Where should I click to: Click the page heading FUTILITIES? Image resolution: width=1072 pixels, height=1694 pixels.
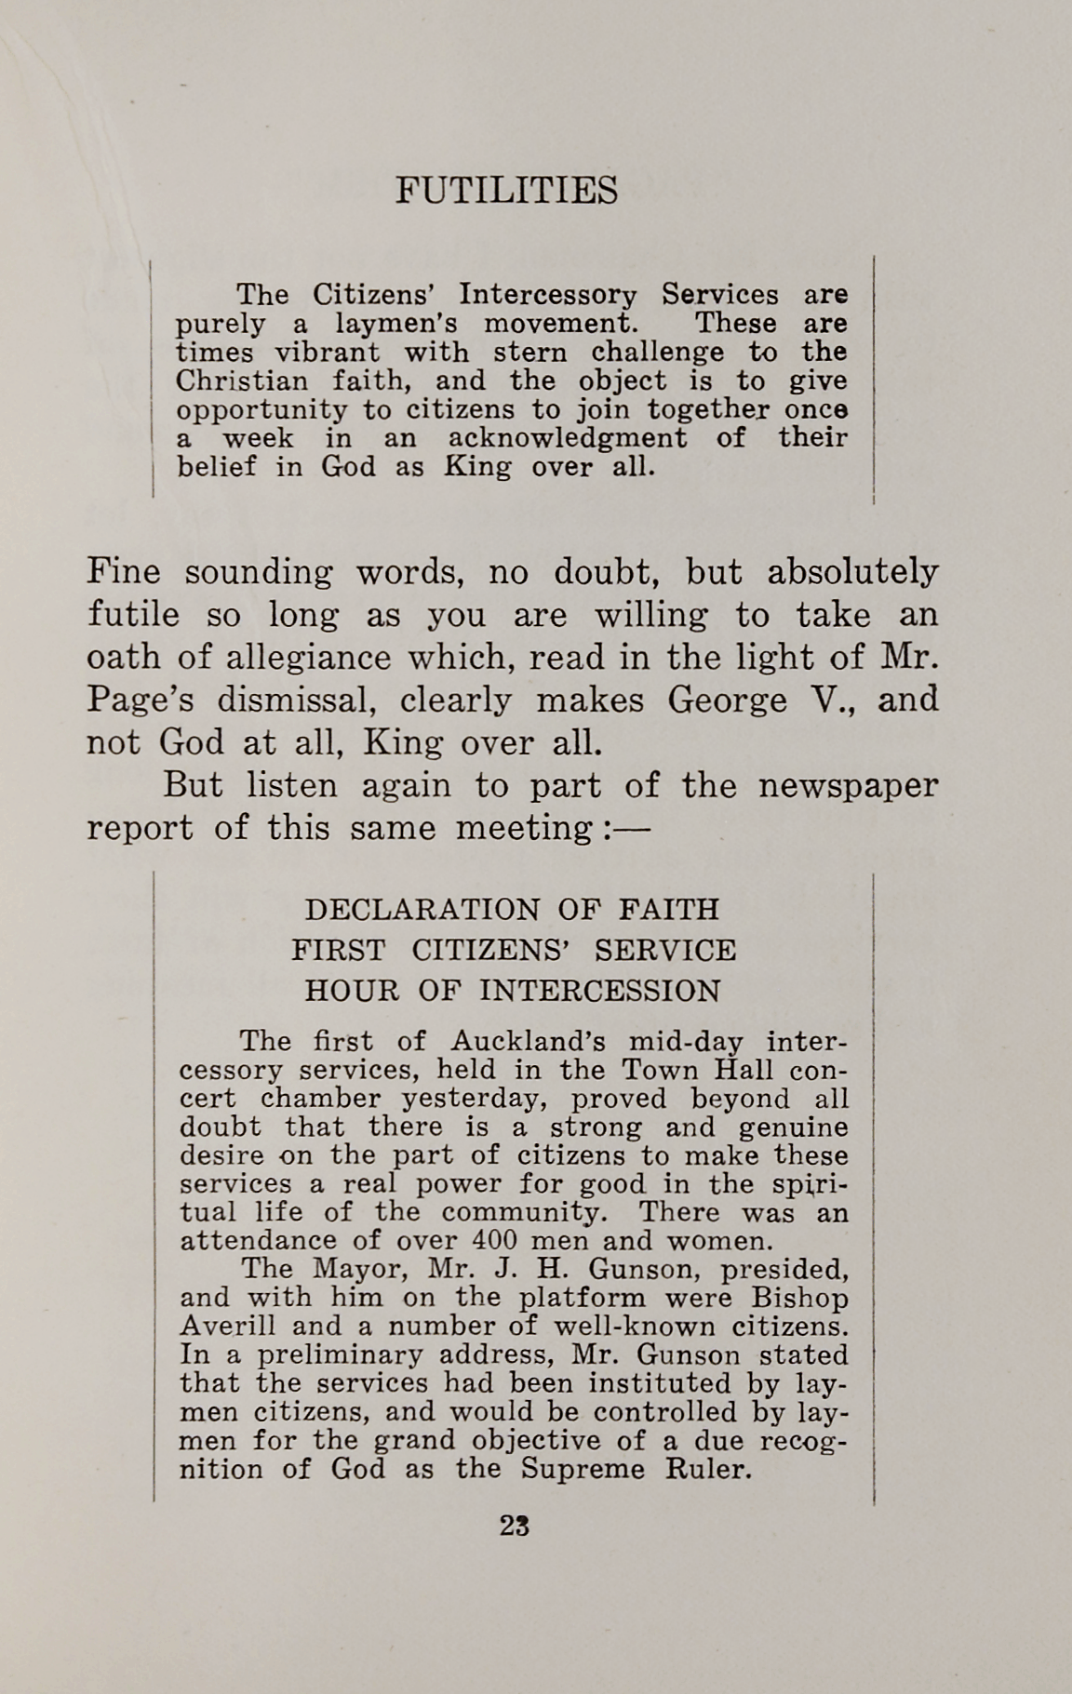pyautogui.click(x=506, y=191)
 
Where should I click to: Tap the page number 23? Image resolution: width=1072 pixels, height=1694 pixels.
pyautogui.click(x=515, y=1527)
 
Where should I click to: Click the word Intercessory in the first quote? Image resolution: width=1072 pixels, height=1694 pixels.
pyautogui.click(x=549, y=295)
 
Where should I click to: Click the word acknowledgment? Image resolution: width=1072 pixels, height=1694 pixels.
pyautogui.click(x=567, y=438)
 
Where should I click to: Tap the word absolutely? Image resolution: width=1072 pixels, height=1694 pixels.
pyautogui.click(x=852, y=572)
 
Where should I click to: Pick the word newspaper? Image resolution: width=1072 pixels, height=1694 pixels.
pyautogui.click(x=849, y=786)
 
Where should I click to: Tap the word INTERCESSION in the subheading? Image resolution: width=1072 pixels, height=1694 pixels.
pyautogui.click(x=600, y=991)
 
